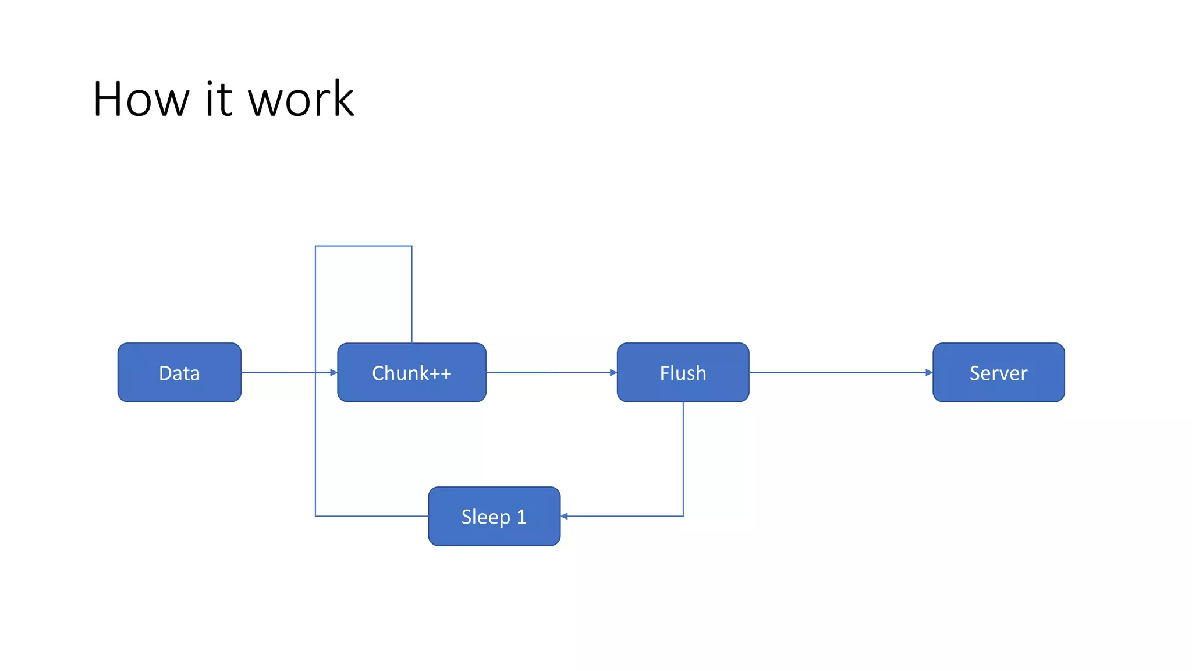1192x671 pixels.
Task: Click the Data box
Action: click(x=179, y=372)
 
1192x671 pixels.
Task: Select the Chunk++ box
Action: click(x=411, y=372)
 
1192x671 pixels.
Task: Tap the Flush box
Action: click(x=683, y=372)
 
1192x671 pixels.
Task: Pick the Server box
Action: click(x=998, y=372)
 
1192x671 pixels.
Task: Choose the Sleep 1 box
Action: click(x=494, y=516)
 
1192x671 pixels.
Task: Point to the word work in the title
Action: click(x=301, y=99)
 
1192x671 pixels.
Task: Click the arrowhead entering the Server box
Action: click(x=929, y=372)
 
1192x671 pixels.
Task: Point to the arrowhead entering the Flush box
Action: click(x=613, y=372)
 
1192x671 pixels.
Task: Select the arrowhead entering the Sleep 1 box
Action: click(x=565, y=516)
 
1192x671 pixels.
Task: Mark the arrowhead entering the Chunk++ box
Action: click(x=334, y=372)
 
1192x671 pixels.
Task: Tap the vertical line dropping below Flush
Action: click(x=683, y=460)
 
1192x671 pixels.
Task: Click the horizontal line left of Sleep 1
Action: click(x=372, y=516)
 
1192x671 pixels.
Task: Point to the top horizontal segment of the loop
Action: click(x=364, y=246)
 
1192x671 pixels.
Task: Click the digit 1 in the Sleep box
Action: click(x=521, y=517)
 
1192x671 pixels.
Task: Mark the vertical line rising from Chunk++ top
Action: click(x=412, y=294)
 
